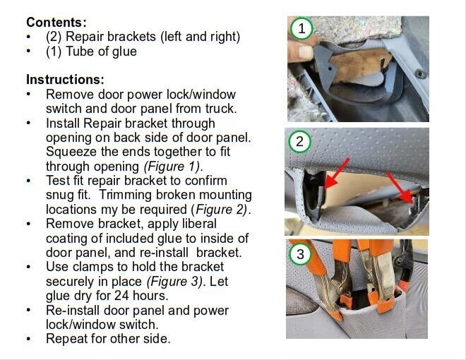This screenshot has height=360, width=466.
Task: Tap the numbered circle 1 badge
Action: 301,28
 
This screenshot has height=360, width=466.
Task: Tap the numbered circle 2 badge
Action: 299,142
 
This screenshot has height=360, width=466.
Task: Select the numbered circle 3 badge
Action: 300,254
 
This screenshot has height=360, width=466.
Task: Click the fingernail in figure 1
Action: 305,52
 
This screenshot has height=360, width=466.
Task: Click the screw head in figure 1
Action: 420,73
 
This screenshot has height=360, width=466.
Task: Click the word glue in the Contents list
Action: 124,52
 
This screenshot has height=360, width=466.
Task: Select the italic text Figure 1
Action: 172,167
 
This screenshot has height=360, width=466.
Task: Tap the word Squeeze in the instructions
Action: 71,152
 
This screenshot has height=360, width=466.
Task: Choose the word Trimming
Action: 125,196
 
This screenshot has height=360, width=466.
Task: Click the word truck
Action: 221,109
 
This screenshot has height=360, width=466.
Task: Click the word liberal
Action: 199,224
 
